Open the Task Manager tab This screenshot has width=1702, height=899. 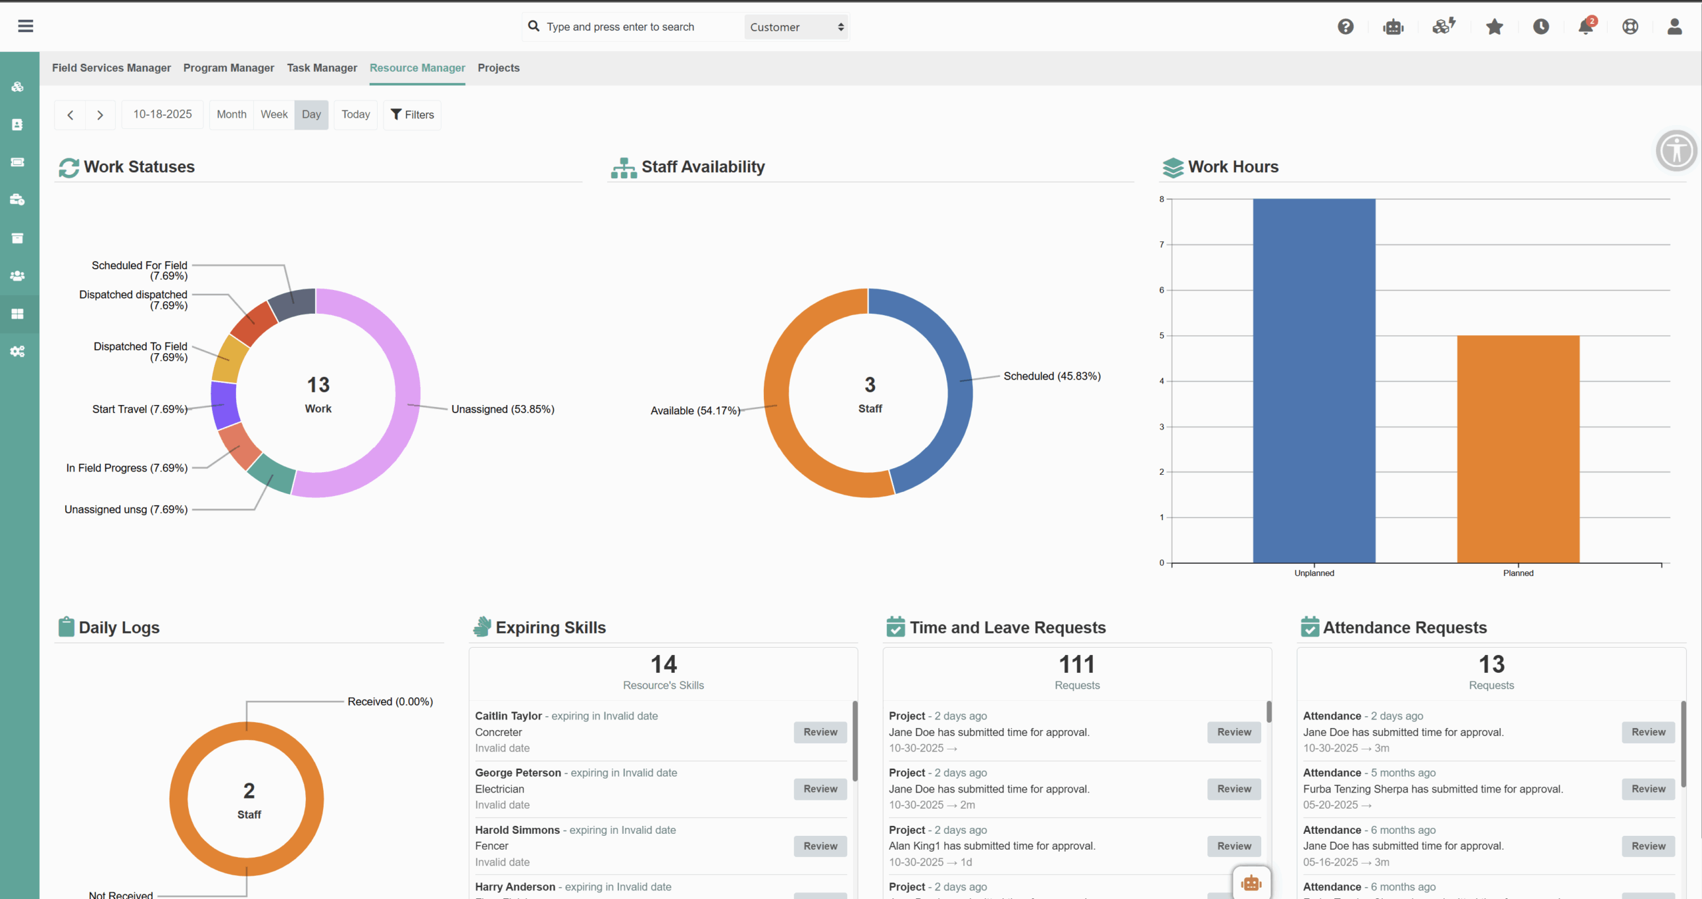(x=322, y=68)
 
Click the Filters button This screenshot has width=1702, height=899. (x=412, y=114)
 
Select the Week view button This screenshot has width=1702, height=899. (x=274, y=114)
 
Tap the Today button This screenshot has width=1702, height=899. (x=356, y=114)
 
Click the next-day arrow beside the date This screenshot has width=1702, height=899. (x=100, y=115)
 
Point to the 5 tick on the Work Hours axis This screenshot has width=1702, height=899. (x=1161, y=336)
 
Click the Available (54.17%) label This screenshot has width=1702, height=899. (x=695, y=411)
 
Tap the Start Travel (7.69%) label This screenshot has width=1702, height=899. (x=140, y=410)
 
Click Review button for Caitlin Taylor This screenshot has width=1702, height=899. (x=820, y=732)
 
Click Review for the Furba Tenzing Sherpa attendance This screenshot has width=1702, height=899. (x=1648, y=789)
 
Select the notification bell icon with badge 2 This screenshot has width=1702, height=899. (x=1586, y=27)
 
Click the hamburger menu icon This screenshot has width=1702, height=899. (x=25, y=26)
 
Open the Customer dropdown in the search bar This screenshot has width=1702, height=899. (x=796, y=27)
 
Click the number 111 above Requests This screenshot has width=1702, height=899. (x=1076, y=664)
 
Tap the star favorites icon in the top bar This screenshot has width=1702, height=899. (x=1495, y=27)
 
